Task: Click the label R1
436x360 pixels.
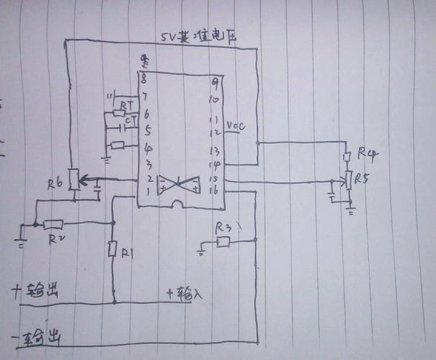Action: (x=128, y=253)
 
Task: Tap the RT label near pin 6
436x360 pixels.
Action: (x=128, y=105)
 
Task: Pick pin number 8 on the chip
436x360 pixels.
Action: (x=145, y=78)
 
